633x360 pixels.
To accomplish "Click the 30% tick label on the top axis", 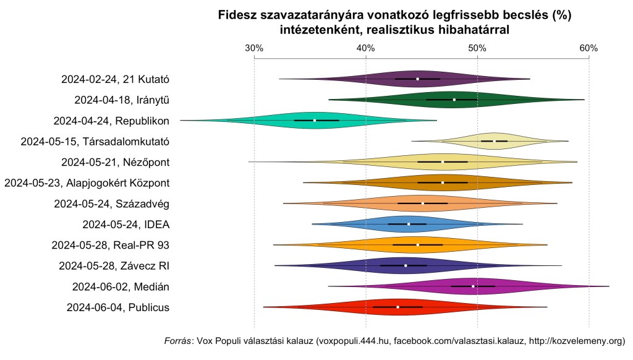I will [254, 48].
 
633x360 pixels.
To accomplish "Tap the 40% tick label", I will [366, 48].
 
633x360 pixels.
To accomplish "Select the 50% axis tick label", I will [477, 48].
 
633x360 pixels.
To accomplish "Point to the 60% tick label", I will [588, 48].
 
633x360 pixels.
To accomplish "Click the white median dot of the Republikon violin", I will [315, 120].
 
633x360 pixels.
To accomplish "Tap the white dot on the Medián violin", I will [474, 286].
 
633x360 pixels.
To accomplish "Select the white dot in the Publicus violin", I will [398, 307].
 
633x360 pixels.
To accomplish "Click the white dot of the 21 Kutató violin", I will [417, 79].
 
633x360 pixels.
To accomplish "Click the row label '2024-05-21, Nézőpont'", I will [116, 162].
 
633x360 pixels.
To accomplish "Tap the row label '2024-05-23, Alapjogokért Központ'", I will [87, 182].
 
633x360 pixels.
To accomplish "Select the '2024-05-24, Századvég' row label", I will [112, 204].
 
